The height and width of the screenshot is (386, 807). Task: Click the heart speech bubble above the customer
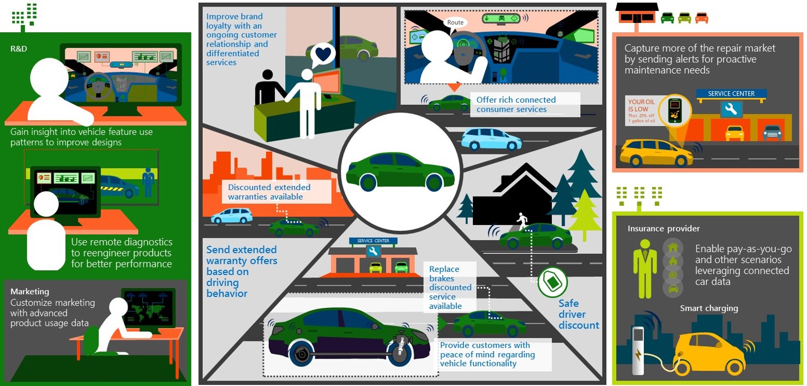pos(324,55)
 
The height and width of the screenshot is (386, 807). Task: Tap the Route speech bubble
pos(455,22)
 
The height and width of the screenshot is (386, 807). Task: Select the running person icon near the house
pos(522,220)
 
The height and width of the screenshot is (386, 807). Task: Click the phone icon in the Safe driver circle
pos(552,282)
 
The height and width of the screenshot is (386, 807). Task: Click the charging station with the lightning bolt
pos(638,349)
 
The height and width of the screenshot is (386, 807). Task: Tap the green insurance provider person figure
pos(645,268)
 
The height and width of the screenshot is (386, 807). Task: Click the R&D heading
pos(19,49)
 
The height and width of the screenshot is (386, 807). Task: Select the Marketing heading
pos(29,292)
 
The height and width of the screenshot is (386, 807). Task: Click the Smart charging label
pos(709,308)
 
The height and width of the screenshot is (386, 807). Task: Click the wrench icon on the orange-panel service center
pos(731,110)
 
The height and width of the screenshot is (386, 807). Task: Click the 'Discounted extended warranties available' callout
pos(276,192)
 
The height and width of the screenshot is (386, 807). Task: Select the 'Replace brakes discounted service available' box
pos(450,287)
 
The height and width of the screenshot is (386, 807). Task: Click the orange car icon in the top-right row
pos(701,18)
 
